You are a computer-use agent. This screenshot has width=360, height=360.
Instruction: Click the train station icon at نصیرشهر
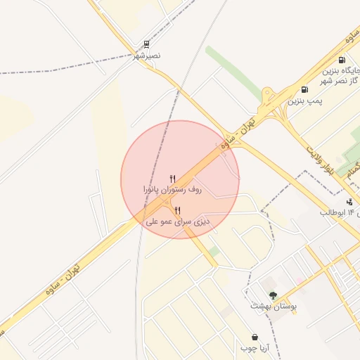(145, 44)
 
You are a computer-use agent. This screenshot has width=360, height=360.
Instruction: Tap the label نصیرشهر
(147, 55)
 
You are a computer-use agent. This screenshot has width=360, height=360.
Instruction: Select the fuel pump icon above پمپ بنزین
(304, 89)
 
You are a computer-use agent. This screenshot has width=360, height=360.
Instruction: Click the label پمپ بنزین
(305, 101)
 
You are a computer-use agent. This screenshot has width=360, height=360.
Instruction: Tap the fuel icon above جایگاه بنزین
(342, 60)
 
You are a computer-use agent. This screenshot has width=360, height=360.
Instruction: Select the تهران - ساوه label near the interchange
(236, 136)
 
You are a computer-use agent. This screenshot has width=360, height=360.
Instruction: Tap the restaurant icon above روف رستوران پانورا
(172, 179)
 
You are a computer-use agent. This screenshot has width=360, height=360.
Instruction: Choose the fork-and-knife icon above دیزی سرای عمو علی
(177, 210)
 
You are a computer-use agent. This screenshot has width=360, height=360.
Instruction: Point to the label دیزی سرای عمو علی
(178, 221)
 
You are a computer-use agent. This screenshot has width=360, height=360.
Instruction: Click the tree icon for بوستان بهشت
(273, 295)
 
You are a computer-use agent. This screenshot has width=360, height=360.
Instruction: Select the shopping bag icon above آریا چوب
(254, 337)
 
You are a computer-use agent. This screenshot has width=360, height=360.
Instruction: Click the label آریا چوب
(255, 348)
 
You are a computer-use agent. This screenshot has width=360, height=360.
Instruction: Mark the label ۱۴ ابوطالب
(340, 212)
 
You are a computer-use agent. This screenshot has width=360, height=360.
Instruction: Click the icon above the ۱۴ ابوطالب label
(349, 202)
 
